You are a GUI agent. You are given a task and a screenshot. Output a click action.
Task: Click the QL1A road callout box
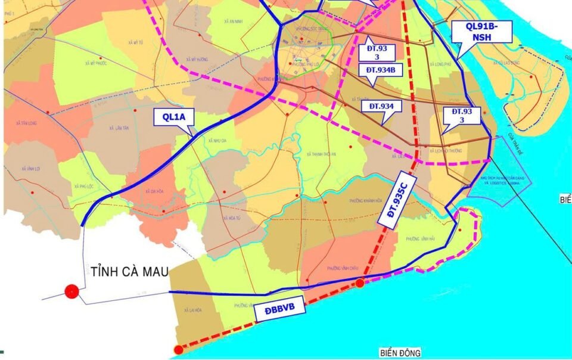173,117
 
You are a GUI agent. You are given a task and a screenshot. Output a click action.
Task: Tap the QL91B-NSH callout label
482,31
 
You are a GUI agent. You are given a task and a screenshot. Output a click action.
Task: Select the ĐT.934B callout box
381,70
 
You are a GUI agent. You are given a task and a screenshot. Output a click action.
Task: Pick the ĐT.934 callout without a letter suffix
382,107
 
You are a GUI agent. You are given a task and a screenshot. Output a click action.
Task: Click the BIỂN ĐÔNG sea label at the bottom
399,353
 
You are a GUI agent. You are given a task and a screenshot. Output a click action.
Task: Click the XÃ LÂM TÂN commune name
119,128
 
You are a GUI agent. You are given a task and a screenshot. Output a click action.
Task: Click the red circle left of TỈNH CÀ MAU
71,291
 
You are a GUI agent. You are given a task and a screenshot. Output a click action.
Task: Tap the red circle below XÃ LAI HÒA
178,350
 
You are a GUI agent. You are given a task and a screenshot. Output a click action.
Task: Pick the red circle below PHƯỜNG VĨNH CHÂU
360,283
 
